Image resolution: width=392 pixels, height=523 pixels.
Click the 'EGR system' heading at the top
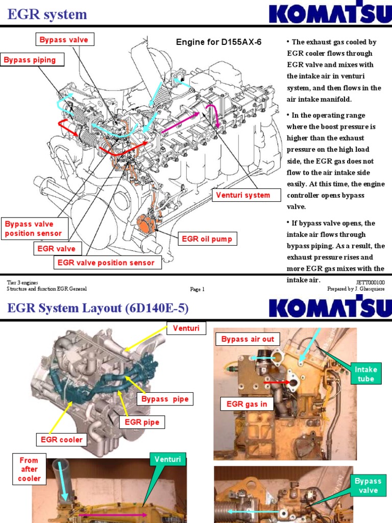coord(47,15)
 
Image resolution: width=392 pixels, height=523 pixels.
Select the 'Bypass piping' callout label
coord(30,60)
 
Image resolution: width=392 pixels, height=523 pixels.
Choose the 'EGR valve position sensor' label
coord(106,263)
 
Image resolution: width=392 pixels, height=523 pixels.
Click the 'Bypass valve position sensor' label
coord(34,229)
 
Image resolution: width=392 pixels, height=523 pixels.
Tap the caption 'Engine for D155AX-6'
coord(218,42)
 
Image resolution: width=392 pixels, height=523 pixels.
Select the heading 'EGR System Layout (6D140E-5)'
coord(97,308)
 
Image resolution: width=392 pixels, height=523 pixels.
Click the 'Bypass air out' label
coord(248,339)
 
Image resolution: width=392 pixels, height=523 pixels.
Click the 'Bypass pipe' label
coord(165,399)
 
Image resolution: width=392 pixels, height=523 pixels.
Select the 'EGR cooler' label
coord(62,439)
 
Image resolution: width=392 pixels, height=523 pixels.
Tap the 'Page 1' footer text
coord(197,289)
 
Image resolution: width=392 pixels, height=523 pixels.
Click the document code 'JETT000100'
coord(370,282)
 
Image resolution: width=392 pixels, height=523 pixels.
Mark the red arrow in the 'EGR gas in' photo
coord(275,381)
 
